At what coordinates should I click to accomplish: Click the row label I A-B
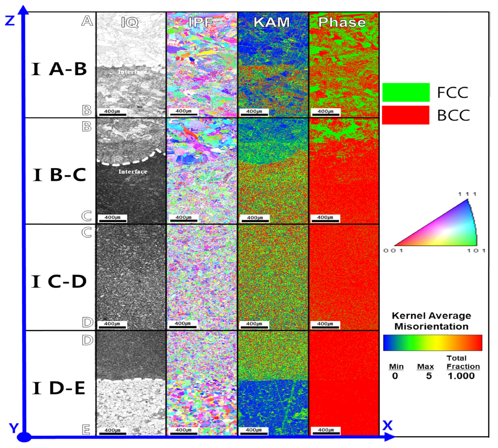click(x=59, y=69)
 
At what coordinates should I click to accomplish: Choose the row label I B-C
click(x=59, y=175)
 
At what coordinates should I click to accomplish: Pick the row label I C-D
click(x=59, y=281)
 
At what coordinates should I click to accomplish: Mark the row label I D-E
click(x=59, y=388)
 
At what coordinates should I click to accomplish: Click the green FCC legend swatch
click(x=405, y=92)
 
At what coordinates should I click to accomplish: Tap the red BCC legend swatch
click(x=405, y=115)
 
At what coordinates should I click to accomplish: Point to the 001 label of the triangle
click(x=393, y=251)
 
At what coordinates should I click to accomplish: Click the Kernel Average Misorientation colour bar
click(x=433, y=342)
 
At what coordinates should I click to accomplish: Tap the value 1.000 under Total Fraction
click(x=460, y=376)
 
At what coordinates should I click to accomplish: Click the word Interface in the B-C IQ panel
click(x=133, y=171)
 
